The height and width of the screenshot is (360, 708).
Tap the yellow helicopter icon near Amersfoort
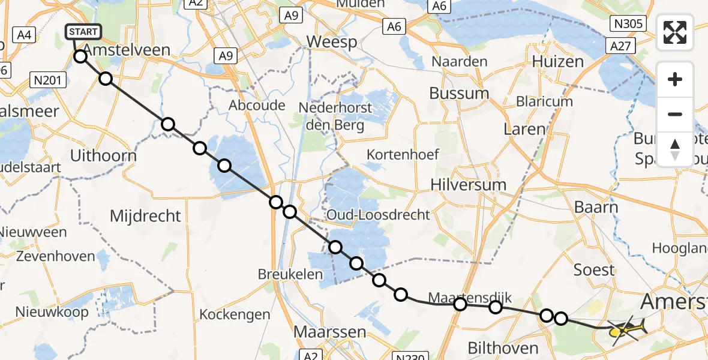628,329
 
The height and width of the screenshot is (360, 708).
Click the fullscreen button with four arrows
675,32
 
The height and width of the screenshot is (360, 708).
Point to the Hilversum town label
468,185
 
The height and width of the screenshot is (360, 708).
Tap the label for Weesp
331,42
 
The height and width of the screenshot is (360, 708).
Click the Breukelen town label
290,274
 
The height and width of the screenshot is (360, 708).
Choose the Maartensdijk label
470,297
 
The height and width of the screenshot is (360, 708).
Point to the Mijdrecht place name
145,215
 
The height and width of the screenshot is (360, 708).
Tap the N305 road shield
628,24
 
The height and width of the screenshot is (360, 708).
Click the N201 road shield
47,79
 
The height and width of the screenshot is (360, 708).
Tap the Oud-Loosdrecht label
378,215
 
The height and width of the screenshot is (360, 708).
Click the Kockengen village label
235,314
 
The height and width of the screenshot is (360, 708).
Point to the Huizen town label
558,61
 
